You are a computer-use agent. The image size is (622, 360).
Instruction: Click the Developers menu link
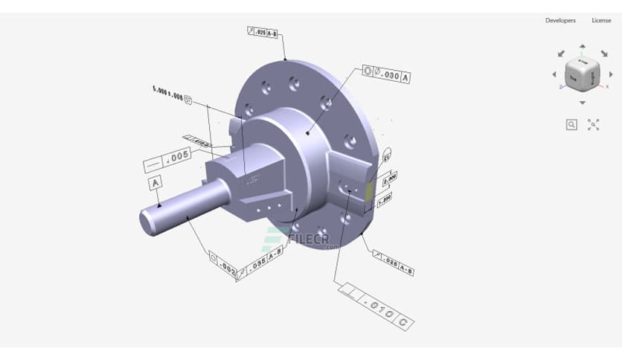click(x=560, y=20)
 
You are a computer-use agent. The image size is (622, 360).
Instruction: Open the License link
click(x=601, y=20)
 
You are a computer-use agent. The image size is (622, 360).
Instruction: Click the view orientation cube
click(x=583, y=74)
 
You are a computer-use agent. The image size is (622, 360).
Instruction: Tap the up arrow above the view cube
click(x=583, y=46)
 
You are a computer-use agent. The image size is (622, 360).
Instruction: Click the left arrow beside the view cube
click(x=554, y=74)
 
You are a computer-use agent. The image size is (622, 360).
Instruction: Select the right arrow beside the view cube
click(x=611, y=74)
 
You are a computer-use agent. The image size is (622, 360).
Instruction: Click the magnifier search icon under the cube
click(x=571, y=125)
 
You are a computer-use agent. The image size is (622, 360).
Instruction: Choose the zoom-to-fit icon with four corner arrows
click(x=594, y=125)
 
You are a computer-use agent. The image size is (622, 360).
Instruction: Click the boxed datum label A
click(x=155, y=182)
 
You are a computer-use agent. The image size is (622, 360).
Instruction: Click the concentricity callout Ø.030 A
click(x=386, y=74)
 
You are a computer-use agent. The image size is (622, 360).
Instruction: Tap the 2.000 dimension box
click(x=389, y=179)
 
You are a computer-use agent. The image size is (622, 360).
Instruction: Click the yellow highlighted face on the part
click(x=370, y=192)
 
